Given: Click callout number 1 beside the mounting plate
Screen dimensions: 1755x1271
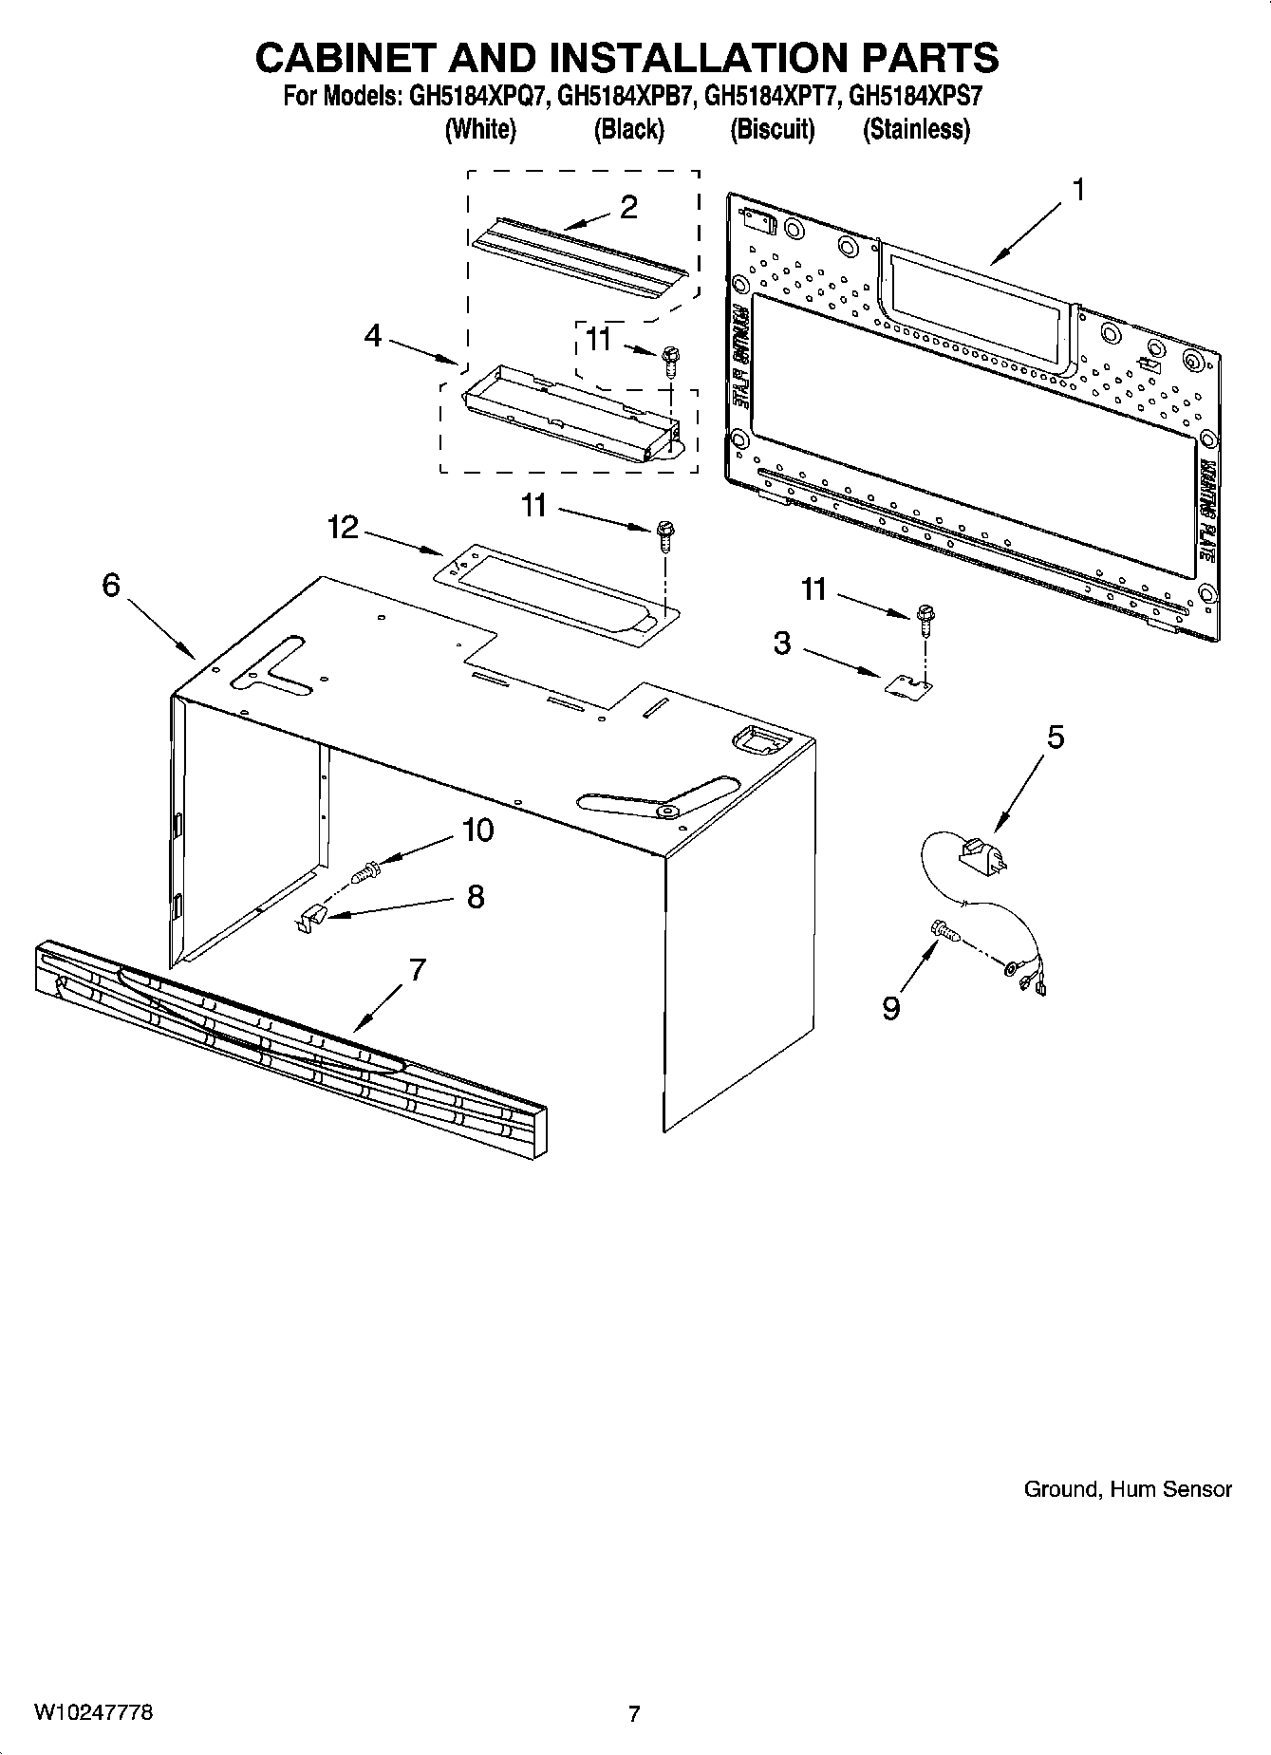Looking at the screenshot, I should [x=1077, y=191].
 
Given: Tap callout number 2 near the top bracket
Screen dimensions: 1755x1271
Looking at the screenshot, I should [x=628, y=208].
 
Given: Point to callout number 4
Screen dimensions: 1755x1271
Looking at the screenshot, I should [x=373, y=335].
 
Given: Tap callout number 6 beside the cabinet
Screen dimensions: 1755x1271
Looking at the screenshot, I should [x=111, y=586].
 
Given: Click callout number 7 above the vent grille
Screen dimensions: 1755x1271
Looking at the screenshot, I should [x=417, y=970].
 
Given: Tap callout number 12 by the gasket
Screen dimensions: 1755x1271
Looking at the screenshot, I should [x=343, y=527].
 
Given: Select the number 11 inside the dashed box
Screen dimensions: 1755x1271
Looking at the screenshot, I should [x=598, y=339].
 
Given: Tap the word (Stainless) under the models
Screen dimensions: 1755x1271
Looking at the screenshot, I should [x=916, y=129].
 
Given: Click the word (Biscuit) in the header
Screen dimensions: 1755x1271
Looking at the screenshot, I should [x=772, y=129].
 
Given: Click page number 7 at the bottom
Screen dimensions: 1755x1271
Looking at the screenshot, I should [x=634, y=1713].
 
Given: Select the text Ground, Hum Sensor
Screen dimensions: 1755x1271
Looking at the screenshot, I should [x=1127, y=1489].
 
